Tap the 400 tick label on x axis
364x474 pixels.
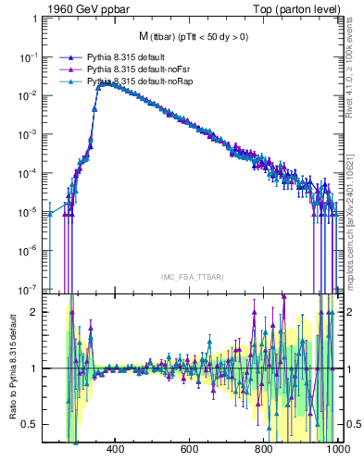click(116, 449)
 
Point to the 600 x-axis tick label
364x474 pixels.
click(190, 449)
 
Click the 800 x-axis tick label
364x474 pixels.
click(264, 449)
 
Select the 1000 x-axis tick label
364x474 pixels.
click(335, 449)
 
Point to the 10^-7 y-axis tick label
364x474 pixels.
click(29, 289)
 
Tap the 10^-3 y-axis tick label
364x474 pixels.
click(29, 133)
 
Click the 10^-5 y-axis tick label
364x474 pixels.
click(29, 211)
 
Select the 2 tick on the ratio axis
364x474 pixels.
click(35, 311)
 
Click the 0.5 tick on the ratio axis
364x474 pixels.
click(31, 424)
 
